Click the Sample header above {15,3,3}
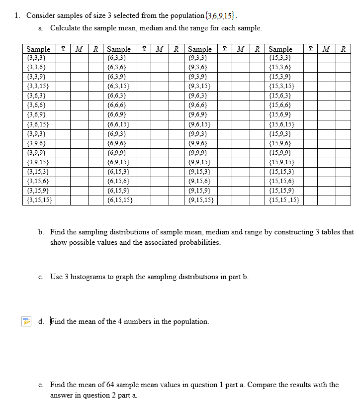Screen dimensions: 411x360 point(280,49)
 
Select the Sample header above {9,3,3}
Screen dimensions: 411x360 point(200,49)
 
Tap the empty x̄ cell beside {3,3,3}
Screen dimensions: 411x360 point(63,58)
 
